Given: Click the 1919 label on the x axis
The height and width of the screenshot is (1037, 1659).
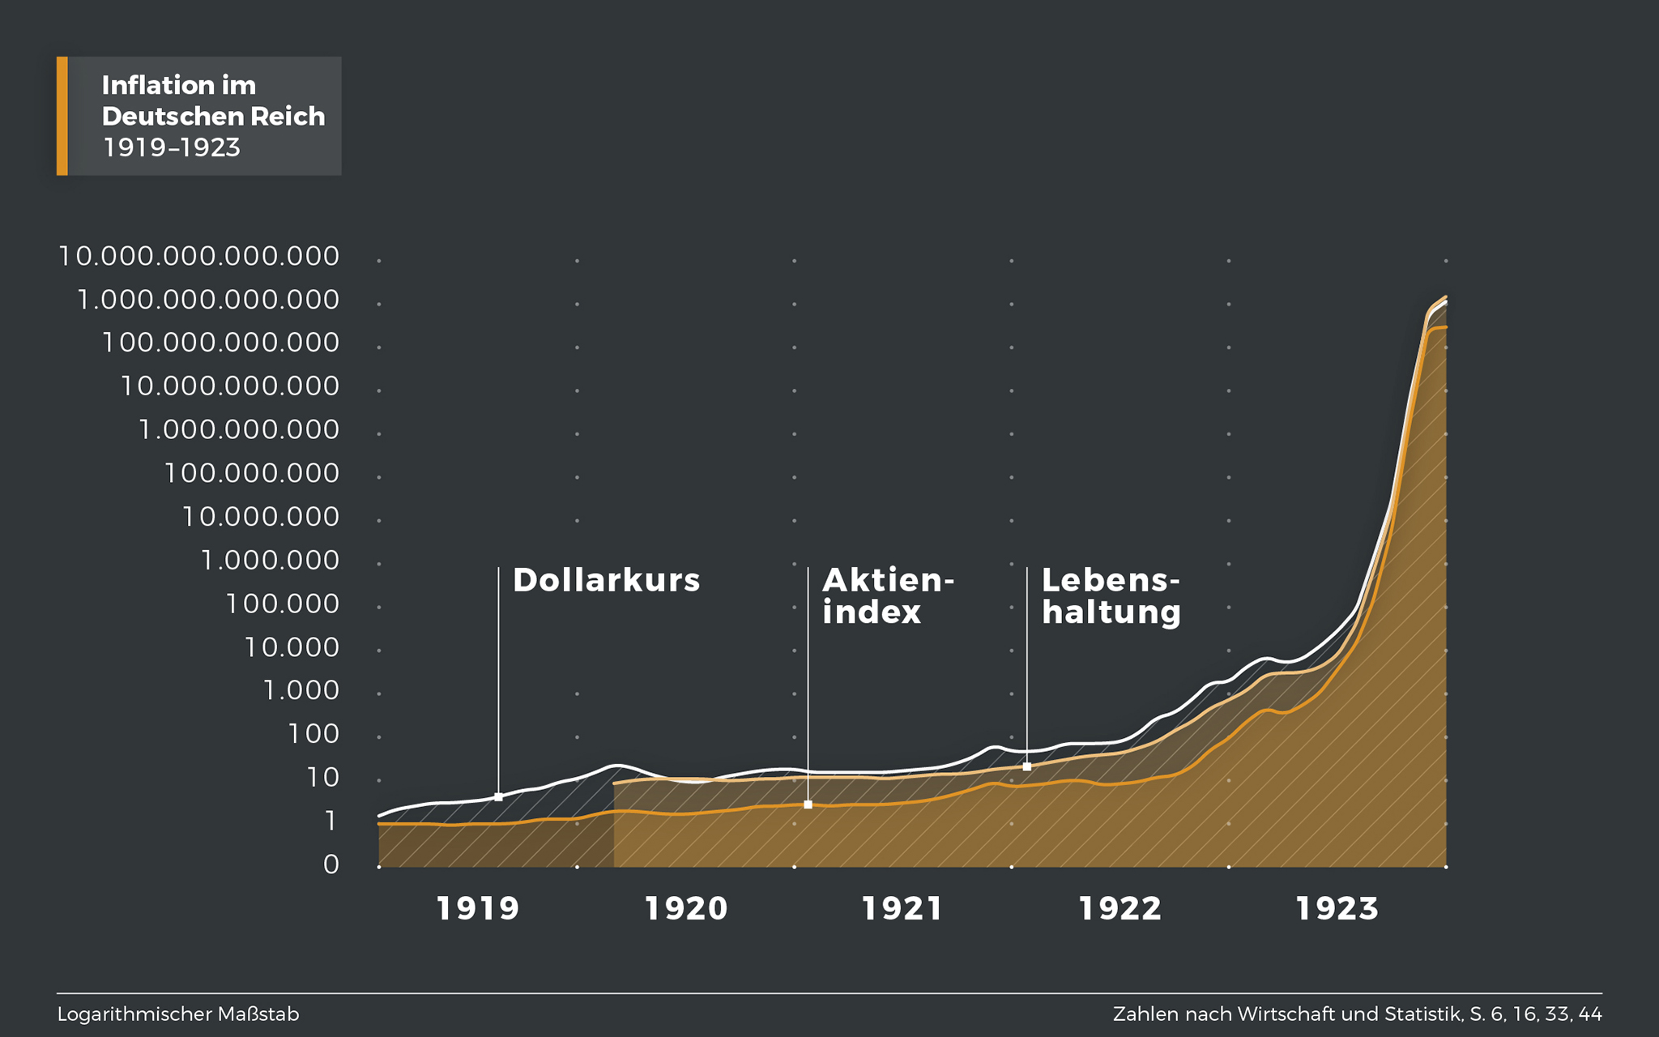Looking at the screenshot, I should [477, 908].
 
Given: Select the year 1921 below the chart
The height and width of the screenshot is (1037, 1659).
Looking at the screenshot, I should [902, 908].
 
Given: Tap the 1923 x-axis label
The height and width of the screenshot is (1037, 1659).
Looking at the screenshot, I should [1337, 908].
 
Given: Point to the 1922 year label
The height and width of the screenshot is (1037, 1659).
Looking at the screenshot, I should [1120, 908].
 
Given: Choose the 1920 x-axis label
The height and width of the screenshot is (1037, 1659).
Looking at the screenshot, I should [685, 908].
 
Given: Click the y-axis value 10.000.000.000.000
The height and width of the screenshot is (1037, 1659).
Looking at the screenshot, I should [198, 256].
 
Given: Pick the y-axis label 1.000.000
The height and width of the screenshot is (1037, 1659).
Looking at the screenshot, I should [270, 560].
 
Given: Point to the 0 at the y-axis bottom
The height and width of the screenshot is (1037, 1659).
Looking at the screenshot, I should [331, 864].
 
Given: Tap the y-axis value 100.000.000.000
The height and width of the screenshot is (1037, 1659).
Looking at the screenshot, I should [220, 343].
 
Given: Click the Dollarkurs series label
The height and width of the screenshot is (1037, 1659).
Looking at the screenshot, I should [606, 580].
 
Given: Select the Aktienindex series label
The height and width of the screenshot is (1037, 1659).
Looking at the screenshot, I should [887, 596].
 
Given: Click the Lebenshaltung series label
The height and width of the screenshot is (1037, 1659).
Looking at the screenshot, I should [1111, 596].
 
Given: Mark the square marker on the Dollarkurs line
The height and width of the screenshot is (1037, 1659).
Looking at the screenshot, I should [498, 797].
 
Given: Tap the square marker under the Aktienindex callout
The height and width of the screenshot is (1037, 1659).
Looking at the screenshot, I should [808, 804].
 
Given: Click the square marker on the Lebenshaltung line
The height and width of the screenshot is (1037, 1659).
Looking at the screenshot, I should [1026, 766].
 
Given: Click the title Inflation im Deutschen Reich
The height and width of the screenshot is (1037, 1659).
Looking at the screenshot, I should [212, 100].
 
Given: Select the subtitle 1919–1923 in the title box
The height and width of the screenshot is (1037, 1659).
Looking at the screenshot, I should [171, 147].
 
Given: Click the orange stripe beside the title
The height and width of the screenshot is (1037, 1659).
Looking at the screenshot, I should [62, 116].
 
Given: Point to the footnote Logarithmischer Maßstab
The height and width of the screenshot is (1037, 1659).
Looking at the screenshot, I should [178, 1014].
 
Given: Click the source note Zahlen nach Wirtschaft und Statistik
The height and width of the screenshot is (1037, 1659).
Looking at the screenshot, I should [1357, 1014].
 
